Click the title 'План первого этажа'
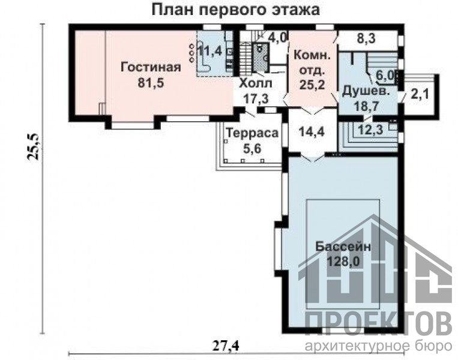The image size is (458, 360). pos(236,10)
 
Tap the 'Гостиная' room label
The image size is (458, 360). pos(151,67)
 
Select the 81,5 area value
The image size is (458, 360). pos(151,83)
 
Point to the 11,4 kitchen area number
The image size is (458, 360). pos(209,52)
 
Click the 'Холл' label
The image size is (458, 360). pos(256,83)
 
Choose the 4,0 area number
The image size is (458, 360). pos(278,38)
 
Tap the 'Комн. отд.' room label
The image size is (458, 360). pos(312,62)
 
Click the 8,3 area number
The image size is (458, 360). pos(366,38)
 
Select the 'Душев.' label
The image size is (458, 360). pos(366,91)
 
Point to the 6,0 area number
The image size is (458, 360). pos(385,76)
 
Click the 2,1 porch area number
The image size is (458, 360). pos(420,94)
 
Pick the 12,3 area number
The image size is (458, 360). pos(370,130)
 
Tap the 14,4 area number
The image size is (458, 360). pos(312,132)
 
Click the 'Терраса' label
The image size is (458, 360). pos(252,133)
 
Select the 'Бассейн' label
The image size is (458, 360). pos(343,247)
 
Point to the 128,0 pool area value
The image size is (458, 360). pos(343,262)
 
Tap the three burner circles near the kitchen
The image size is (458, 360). pos(192,53)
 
